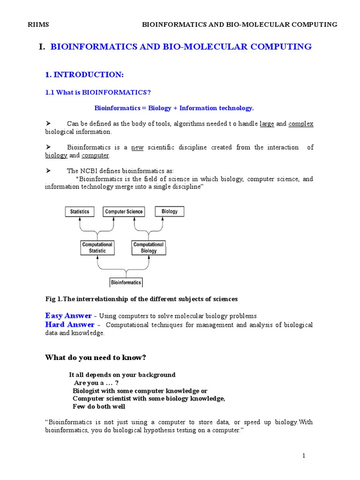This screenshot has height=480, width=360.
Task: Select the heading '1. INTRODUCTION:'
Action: click(x=84, y=75)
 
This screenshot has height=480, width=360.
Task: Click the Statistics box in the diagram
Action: click(x=80, y=212)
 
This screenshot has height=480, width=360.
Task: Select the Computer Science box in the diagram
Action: click(x=124, y=212)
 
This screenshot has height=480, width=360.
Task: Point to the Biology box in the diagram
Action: click(x=169, y=211)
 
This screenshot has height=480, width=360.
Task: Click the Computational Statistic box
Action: click(x=97, y=247)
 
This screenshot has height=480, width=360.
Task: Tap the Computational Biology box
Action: click(x=148, y=247)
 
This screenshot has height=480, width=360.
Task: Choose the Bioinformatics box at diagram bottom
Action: click(x=126, y=283)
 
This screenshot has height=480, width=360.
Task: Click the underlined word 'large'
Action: click(x=267, y=124)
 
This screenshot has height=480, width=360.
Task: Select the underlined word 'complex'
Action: click(x=300, y=124)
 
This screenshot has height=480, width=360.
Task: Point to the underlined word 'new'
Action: click(x=137, y=148)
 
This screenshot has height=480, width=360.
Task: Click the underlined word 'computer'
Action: click(x=95, y=156)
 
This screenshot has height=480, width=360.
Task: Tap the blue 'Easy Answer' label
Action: click(x=68, y=315)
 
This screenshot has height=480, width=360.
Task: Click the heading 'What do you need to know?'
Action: click(x=96, y=358)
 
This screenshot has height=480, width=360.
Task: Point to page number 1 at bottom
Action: click(x=304, y=456)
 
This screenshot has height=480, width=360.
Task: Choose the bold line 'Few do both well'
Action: click(x=99, y=406)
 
